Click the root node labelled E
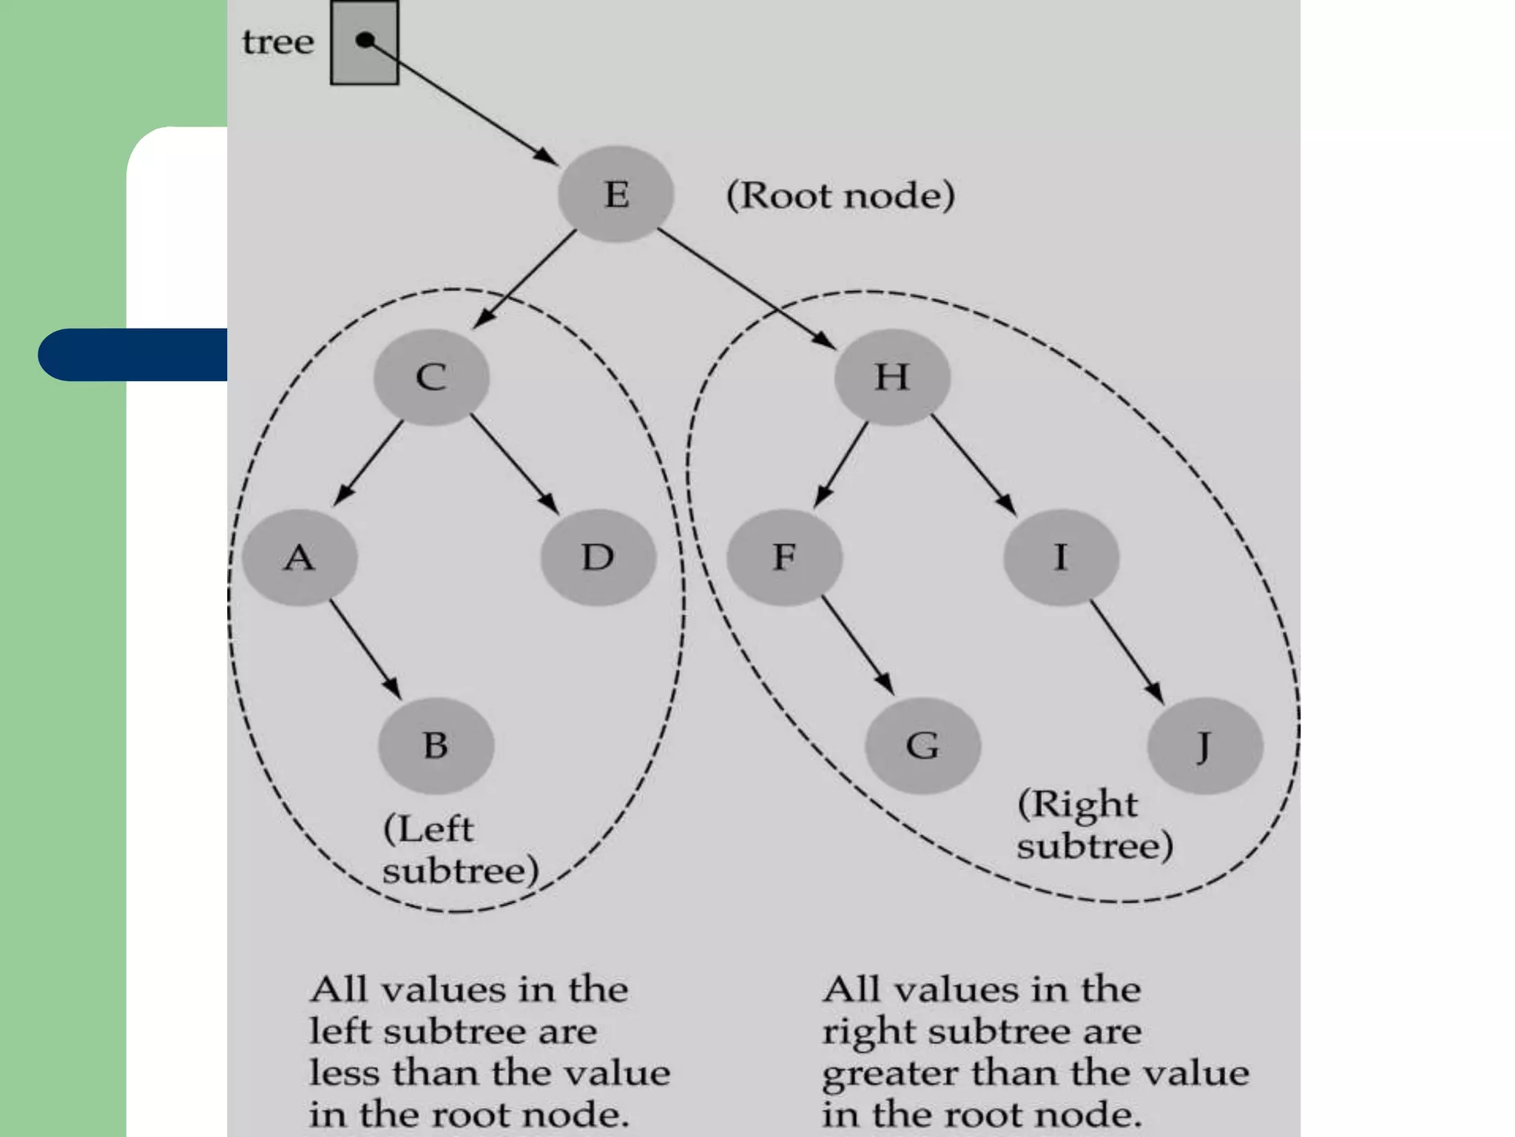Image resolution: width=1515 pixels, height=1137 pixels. (x=615, y=195)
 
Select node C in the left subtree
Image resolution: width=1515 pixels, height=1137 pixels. (x=431, y=377)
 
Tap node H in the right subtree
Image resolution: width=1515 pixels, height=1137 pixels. (x=892, y=377)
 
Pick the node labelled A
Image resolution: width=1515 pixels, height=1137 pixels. (x=300, y=557)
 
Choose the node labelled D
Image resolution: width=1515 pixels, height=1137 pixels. (x=598, y=557)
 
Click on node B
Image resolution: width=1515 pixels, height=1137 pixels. (x=436, y=745)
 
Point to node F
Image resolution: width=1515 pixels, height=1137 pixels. (x=784, y=557)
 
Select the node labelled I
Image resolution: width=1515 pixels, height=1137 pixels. (x=1061, y=557)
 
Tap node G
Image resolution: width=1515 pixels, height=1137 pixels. (x=922, y=745)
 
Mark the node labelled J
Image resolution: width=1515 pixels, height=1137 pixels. (x=1205, y=745)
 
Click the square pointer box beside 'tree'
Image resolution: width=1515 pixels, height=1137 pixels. (x=364, y=43)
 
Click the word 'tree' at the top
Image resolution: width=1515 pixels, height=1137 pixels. (x=278, y=42)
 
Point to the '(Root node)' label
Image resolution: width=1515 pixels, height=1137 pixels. (x=840, y=195)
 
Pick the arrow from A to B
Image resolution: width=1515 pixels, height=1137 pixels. (x=365, y=648)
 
